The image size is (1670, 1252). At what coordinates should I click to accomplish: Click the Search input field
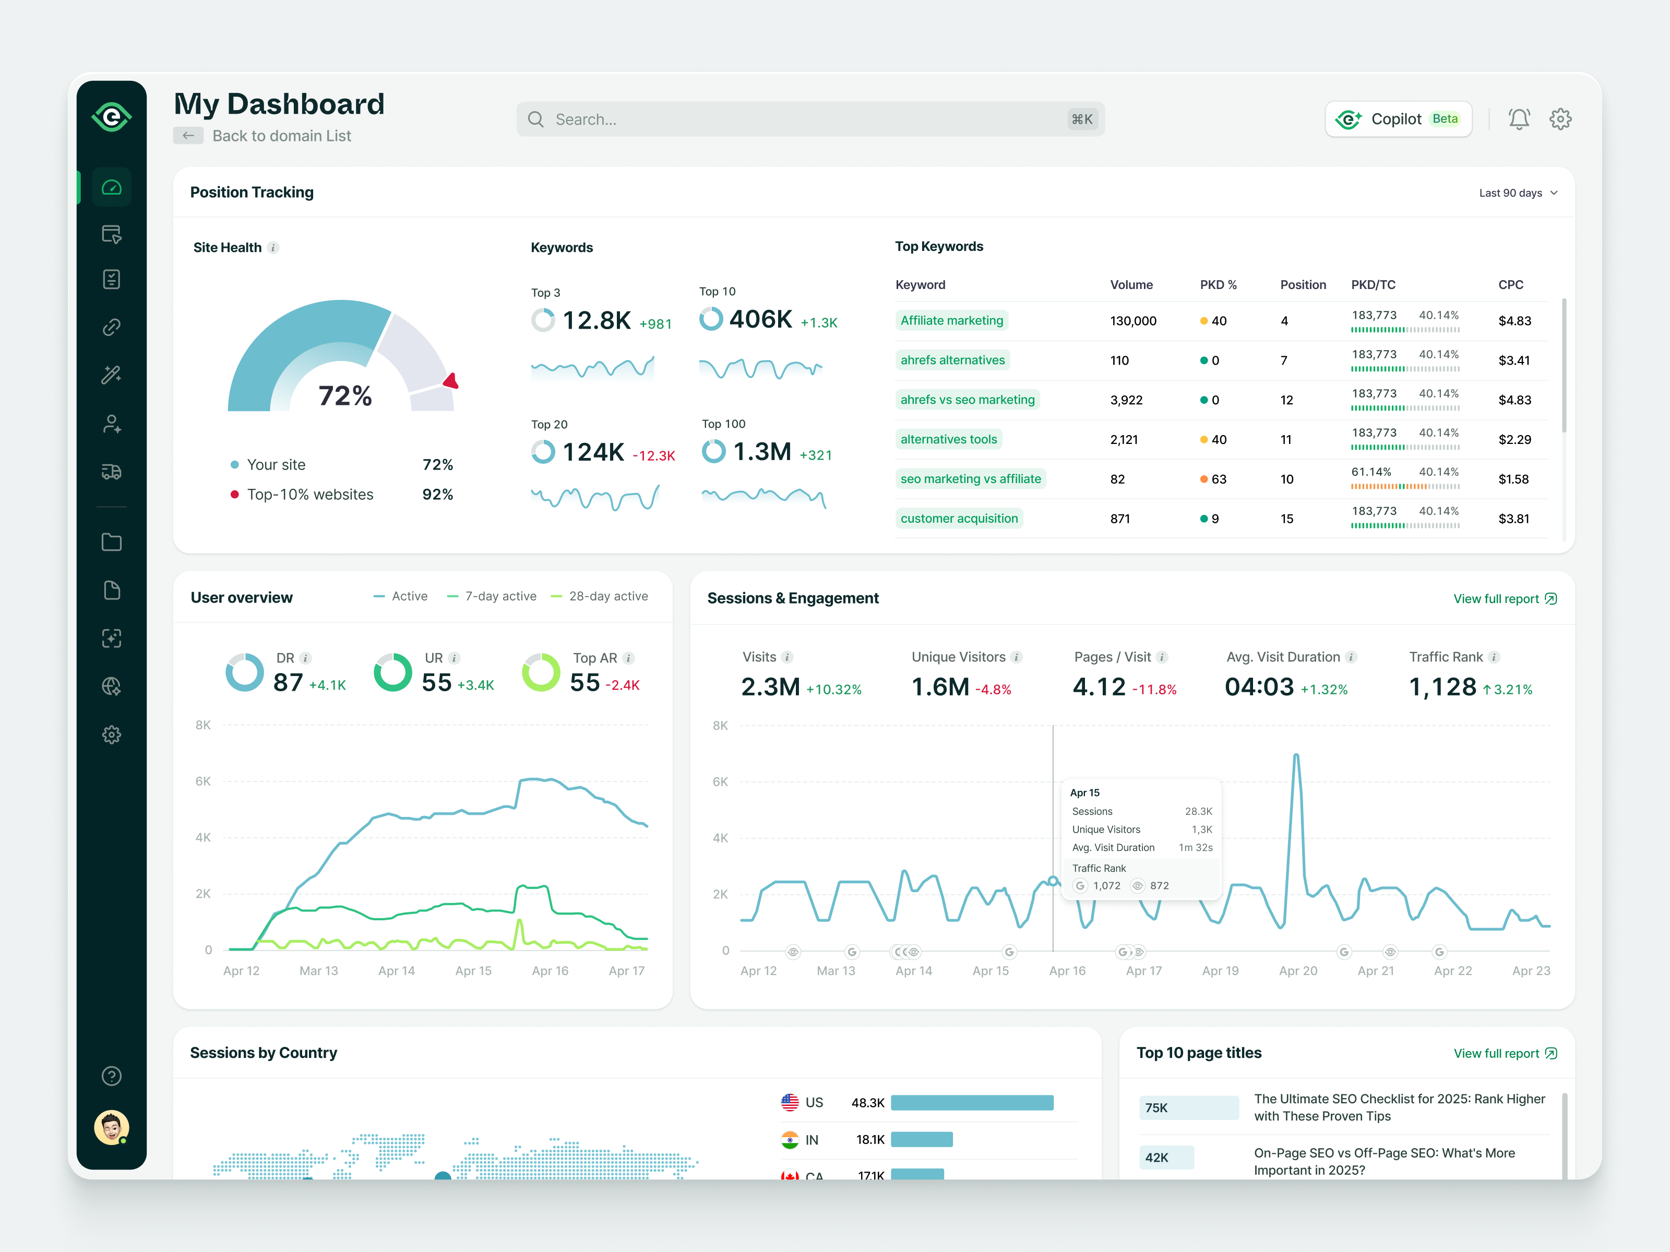pos(808,119)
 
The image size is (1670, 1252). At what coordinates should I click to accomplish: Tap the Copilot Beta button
pos(1398,119)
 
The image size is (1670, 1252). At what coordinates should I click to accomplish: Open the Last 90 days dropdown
pos(1518,193)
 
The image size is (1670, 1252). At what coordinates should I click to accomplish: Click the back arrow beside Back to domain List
pos(188,136)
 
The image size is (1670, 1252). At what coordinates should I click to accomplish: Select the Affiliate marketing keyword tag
pos(951,321)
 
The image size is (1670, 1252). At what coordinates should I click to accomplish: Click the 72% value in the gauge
pos(345,395)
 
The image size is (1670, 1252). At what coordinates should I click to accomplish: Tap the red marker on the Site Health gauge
pos(451,381)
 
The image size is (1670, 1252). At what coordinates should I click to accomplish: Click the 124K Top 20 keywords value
pos(593,452)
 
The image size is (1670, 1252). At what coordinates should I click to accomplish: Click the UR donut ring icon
pos(392,672)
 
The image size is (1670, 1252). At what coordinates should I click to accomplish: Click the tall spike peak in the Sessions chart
pos(1295,755)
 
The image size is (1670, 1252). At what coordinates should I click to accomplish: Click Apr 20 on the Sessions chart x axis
pos(1298,971)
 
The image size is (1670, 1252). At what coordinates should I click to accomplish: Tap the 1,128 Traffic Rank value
pos(1442,687)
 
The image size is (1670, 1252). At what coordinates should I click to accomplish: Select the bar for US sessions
pos(972,1103)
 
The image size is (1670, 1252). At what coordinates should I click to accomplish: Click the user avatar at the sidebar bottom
pos(112,1127)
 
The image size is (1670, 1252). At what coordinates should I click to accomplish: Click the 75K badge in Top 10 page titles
pos(1188,1108)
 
